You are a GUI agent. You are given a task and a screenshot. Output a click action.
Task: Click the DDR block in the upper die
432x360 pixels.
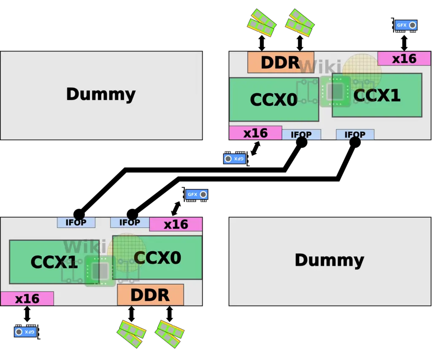coord(281,62)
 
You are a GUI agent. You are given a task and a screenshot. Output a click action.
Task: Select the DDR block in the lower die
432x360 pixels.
coord(151,295)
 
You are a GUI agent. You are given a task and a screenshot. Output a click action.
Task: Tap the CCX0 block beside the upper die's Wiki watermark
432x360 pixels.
coord(274,100)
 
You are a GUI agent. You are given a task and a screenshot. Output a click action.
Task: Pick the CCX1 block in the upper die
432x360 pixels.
coord(377,95)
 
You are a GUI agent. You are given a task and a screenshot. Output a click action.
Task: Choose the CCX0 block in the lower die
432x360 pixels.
coord(157,257)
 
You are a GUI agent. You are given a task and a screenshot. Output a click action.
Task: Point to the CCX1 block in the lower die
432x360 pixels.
coord(54,262)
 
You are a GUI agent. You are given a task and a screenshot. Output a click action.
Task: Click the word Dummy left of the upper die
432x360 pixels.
coord(101,94)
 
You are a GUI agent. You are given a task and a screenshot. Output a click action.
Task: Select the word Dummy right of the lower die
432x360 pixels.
coord(329,260)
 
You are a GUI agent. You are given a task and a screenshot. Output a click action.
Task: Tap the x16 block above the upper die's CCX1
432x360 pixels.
coord(404,58)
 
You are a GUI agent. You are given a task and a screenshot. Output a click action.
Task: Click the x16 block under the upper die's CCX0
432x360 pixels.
coord(255,133)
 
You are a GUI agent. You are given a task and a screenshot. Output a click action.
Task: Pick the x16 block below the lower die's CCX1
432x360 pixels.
coord(27,298)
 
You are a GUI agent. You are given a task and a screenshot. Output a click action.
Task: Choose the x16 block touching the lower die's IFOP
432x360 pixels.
coord(176,224)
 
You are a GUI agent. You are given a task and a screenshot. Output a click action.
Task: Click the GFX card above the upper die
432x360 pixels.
coord(405,25)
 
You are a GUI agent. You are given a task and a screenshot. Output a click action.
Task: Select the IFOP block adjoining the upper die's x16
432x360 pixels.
coord(301,135)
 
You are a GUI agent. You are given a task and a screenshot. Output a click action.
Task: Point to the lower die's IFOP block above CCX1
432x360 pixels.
coord(76,222)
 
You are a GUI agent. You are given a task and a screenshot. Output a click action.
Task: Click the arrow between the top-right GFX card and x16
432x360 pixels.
coord(404,43)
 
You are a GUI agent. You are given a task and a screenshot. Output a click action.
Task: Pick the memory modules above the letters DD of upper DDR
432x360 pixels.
coord(262,23)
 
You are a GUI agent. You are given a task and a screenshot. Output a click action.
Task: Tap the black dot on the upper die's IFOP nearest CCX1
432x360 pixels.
coord(355,142)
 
